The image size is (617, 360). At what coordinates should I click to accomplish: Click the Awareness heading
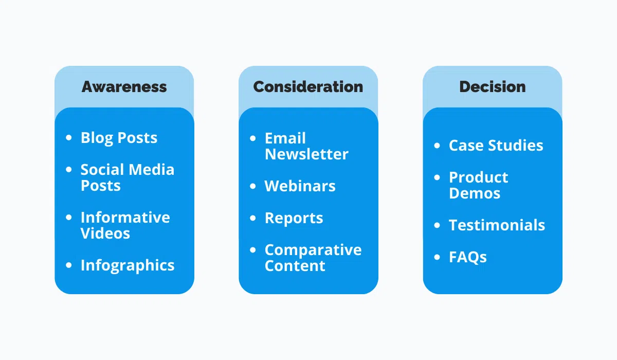pyautogui.click(x=124, y=86)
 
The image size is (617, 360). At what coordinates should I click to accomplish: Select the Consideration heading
pyautogui.click(x=308, y=86)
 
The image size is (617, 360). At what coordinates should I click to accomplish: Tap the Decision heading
pyautogui.click(x=492, y=86)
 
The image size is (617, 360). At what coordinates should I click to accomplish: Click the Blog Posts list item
pyautogui.click(x=119, y=138)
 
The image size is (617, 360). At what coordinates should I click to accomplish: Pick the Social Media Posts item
pyautogui.click(x=127, y=177)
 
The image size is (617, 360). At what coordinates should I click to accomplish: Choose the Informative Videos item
pyautogui.click(x=125, y=225)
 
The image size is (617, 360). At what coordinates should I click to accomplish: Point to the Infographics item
pyautogui.click(x=128, y=265)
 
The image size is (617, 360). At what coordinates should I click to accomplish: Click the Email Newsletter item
pyautogui.click(x=306, y=146)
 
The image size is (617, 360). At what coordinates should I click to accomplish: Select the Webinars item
pyautogui.click(x=300, y=186)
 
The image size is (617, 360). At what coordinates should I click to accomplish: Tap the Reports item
pyautogui.click(x=294, y=218)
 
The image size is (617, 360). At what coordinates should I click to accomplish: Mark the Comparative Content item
pyautogui.click(x=313, y=258)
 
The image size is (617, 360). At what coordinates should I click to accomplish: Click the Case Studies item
pyautogui.click(x=496, y=146)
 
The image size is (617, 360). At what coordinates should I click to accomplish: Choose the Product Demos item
pyautogui.click(x=478, y=185)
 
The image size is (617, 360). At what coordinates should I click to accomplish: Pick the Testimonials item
pyautogui.click(x=497, y=225)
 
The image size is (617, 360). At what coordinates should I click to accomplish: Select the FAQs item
pyautogui.click(x=467, y=257)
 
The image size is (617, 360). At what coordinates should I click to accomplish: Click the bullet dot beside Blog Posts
pyautogui.click(x=69, y=138)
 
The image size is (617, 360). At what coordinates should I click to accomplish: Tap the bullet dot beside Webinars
pyautogui.click(x=252, y=186)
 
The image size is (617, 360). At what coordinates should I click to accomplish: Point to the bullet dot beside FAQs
pyautogui.click(x=437, y=257)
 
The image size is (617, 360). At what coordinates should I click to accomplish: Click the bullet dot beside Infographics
pyautogui.click(x=69, y=265)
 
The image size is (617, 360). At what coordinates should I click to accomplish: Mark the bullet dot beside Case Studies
pyautogui.click(x=437, y=146)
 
